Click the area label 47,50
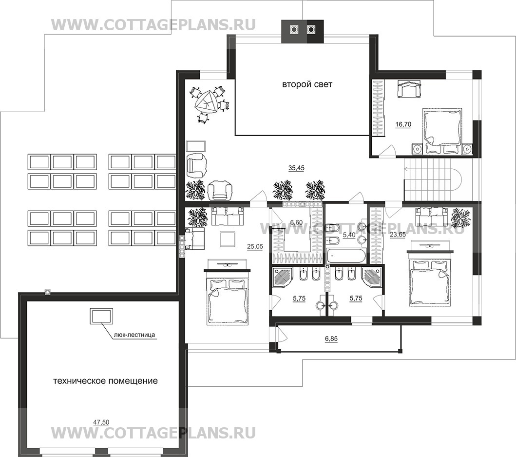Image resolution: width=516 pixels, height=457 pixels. tap(101, 422)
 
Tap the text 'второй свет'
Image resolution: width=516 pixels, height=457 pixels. tap(307, 84)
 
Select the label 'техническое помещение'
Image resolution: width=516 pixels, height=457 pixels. tap(105, 381)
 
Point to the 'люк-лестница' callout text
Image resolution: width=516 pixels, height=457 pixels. tap(134, 335)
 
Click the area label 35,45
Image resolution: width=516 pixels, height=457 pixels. tap(296, 168)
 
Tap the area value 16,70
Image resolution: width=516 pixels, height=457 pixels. tap(403, 124)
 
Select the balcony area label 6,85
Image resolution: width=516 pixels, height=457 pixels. tap(331, 338)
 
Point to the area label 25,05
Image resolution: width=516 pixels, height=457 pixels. tap(255, 246)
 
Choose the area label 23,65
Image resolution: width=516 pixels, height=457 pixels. tap(398, 235)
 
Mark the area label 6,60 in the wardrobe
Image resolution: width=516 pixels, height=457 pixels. tap(296, 223)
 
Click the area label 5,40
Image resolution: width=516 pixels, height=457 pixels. tap(349, 235)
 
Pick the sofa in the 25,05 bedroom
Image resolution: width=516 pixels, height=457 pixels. tap(228, 217)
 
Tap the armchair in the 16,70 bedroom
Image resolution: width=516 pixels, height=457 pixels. tap(409, 89)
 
